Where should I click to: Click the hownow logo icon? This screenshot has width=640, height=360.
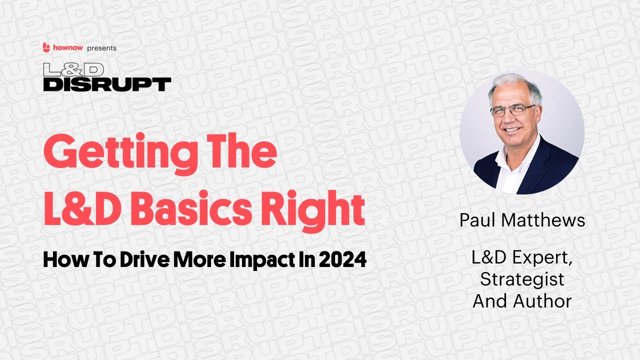coord(46,47)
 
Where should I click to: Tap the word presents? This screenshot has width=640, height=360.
coord(101,48)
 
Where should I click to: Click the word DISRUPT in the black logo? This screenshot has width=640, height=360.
coord(107,84)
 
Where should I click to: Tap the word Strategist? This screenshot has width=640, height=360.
coord(522,279)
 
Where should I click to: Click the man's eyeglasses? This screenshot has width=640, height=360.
coord(512,110)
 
